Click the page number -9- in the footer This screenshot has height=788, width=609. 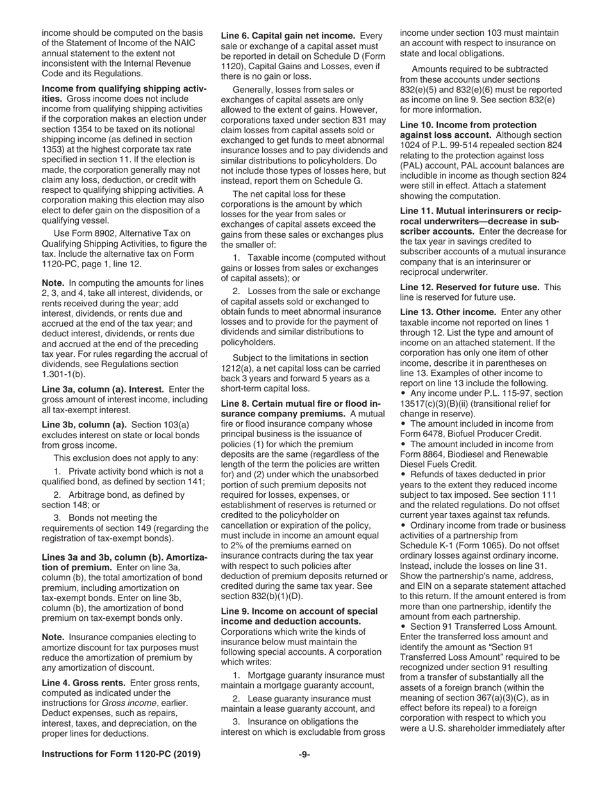(304, 755)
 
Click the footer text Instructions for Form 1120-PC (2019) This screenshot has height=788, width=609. (121, 755)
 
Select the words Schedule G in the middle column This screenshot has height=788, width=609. (338, 181)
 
